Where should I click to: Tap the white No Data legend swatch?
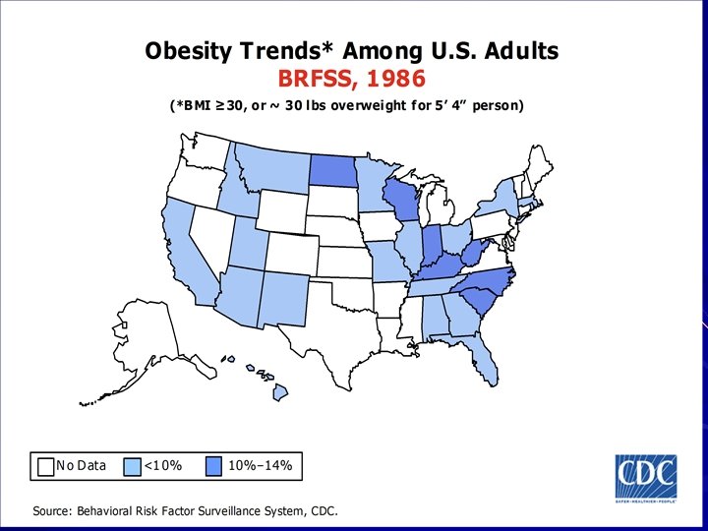click(x=44, y=465)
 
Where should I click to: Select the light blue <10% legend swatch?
click(x=134, y=465)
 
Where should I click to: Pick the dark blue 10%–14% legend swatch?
click(x=215, y=465)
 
